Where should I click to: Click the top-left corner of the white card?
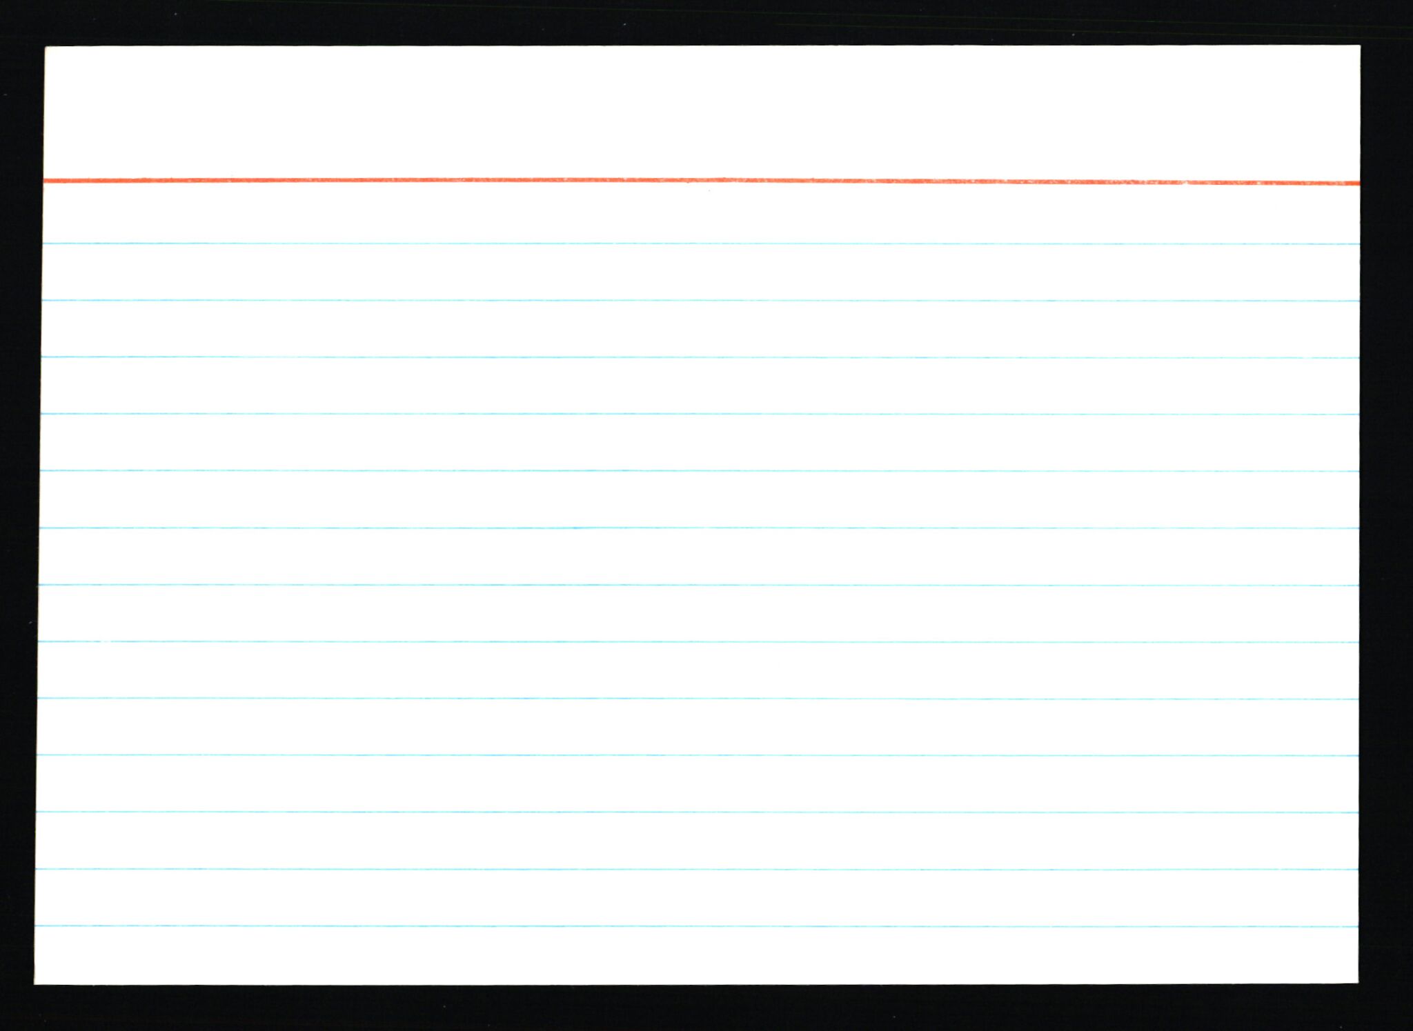46,48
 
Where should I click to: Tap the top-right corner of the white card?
1359,46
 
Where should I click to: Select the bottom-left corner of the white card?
35,983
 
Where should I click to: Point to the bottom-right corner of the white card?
1357,982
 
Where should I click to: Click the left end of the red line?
46,181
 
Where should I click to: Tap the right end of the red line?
1358,183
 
